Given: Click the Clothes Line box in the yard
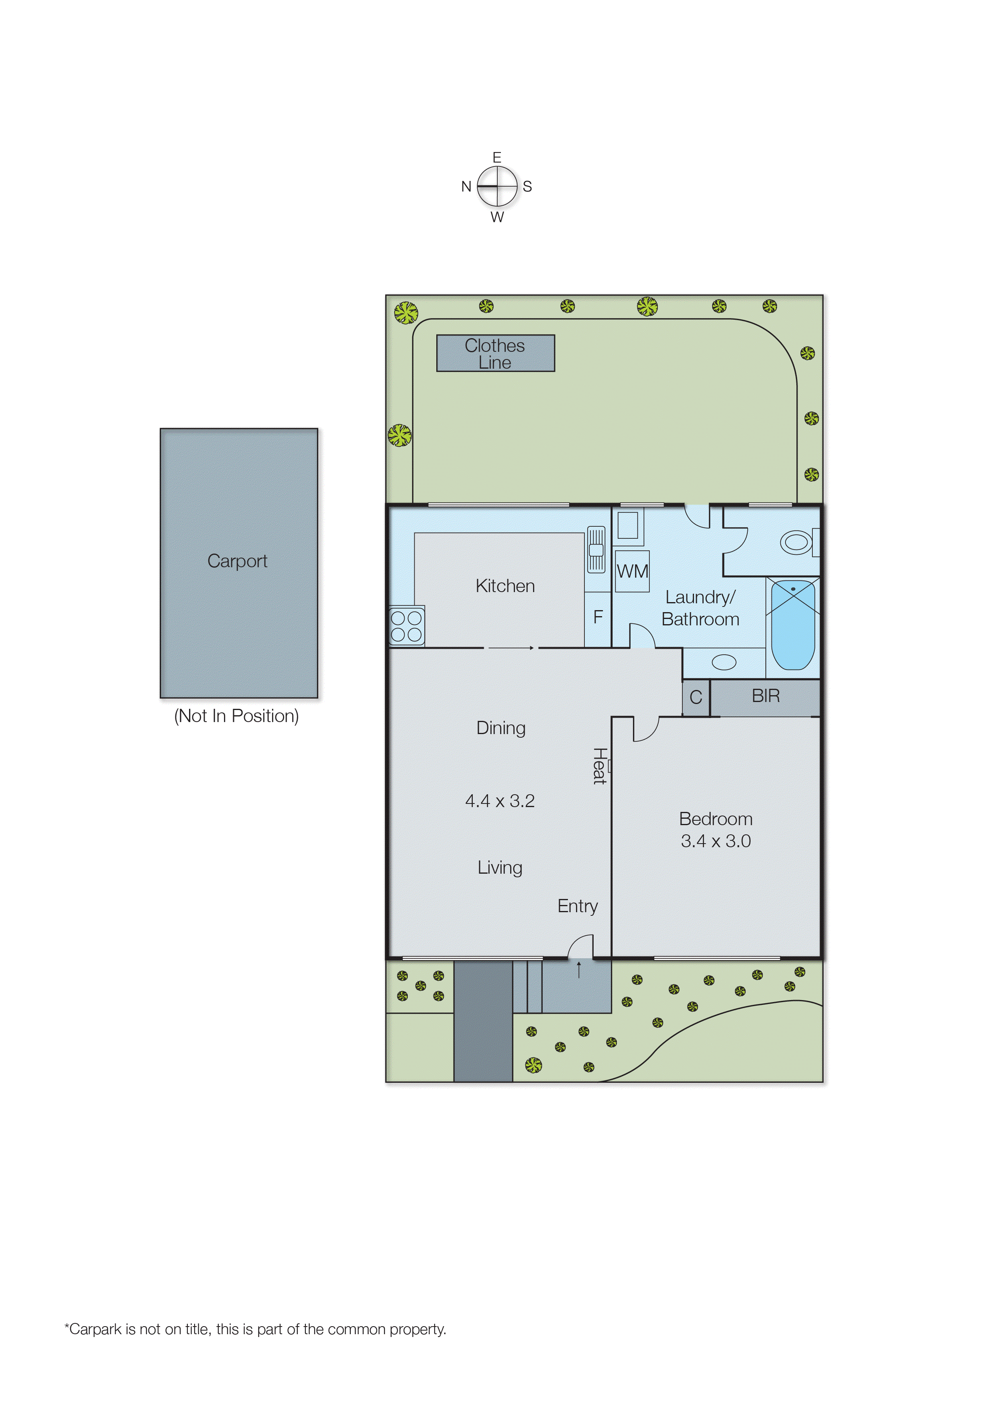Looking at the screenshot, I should [495, 353].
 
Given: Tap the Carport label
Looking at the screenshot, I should [237, 561].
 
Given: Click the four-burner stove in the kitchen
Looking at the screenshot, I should [406, 626].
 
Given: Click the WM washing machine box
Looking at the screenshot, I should [632, 571].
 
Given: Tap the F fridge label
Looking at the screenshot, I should [598, 617].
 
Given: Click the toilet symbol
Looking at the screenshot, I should [796, 542].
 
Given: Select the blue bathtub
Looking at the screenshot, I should [793, 625].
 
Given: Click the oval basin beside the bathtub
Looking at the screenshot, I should [724, 662].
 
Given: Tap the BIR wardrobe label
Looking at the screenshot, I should [765, 696].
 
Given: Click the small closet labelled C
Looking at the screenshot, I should [696, 698].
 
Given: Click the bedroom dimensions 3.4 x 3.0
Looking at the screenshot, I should [716, 841].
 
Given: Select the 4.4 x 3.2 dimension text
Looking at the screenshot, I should [500, 801].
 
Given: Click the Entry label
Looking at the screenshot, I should [577, 906].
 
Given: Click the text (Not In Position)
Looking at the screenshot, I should [236, 716].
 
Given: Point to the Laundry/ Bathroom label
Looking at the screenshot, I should [700, 608].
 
